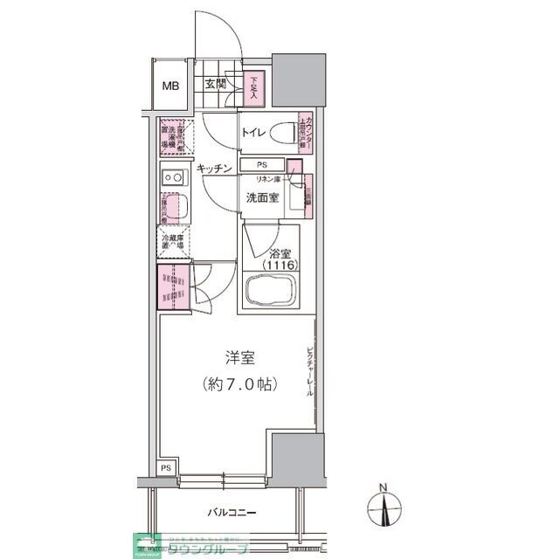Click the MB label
[169, 86]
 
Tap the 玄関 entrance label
[216, 85]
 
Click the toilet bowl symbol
[282, 134]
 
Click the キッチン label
[214, 168]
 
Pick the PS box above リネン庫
[261, 164]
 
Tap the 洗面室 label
[261, 197]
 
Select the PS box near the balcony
[166, 468]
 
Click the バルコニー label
[232, 513]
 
